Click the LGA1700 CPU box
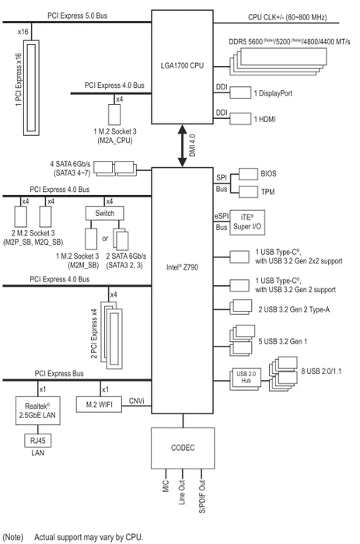coord(182,67)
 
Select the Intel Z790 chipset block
coord(182,291)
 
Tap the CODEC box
coord(183,448)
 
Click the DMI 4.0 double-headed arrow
coord(182,146)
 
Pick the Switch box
coord(104,214)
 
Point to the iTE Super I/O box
coord(247,222)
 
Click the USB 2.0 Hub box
coord(246,379)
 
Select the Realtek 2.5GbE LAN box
coord(38,411)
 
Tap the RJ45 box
coord(37,441)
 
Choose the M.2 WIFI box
coord(99,405)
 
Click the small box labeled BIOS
coord(248,174)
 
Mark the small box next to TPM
coord(248,191)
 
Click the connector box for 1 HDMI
coord(240,118)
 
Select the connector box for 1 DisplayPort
coord(240,92)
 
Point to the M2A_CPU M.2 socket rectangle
coord(114,114)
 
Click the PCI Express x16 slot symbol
coord(31,88)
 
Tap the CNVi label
coord(136,401)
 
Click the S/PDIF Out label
coord(202,497)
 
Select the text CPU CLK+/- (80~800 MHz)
coord(288,17)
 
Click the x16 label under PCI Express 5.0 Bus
coord(23,32)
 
